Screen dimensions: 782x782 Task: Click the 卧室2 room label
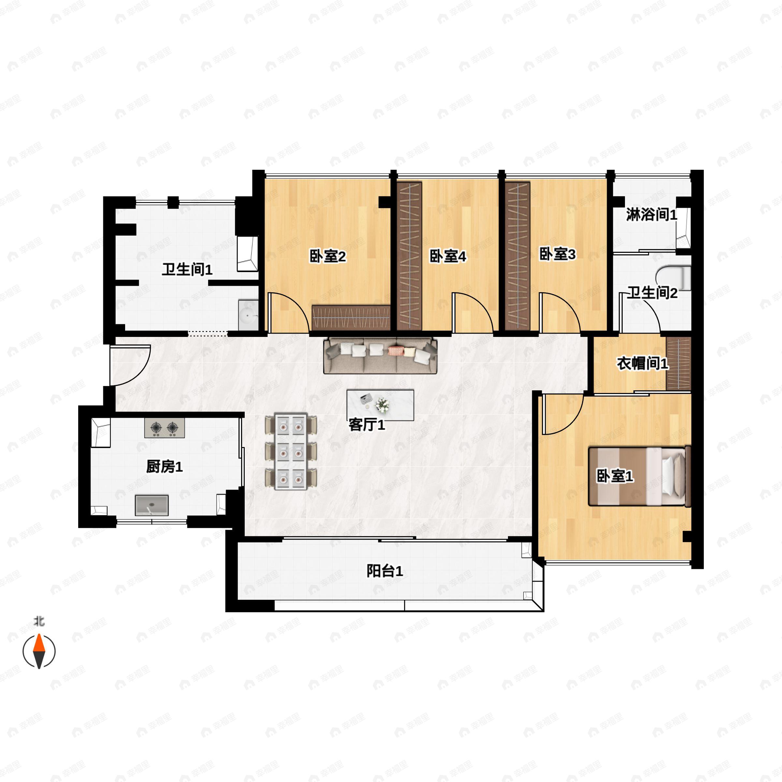(x=327, y=256)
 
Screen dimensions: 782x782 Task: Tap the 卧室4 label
(x=448, y=256)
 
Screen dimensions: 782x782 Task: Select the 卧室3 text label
(x=558, y=254)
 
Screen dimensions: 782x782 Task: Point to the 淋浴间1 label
(x=652, y=214)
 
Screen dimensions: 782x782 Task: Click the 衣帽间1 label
(x=642, y=364)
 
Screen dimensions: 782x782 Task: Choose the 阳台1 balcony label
(x=384, y=571)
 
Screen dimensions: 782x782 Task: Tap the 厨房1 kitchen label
(x=164, y=467)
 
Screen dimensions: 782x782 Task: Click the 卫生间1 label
(x=187, y=269)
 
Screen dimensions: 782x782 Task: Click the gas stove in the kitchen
(x=164, y=427)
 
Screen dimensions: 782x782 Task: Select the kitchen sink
(x=152, y=505)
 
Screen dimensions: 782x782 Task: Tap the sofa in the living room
(x=380, y=355)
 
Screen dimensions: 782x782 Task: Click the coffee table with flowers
(x=381, y=405)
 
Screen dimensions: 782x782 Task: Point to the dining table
(x=291, y=451)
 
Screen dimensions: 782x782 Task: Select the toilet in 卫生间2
(x=673, y=278)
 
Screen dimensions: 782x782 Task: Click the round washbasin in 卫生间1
(x=248, y=314)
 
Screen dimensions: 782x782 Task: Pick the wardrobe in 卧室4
(x=409, y=256)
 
